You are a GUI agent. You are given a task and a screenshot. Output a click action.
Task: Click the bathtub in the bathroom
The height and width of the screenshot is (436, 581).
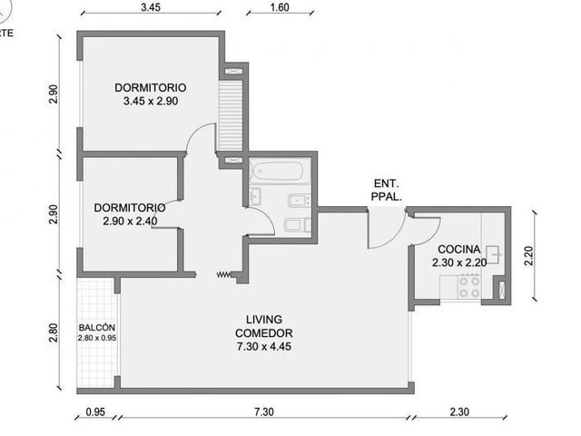click(x=276, y=171)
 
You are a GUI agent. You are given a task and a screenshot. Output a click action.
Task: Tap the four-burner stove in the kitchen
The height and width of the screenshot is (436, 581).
click(x=469, y=287)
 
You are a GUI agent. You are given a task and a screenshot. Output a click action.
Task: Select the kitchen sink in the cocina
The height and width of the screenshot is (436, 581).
click(x=493, y=254)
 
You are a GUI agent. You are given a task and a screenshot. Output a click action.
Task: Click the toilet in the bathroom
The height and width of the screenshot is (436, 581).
click(x=298, y=224)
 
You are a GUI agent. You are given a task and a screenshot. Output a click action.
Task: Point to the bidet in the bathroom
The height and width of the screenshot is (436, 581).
click(x=299, y=201)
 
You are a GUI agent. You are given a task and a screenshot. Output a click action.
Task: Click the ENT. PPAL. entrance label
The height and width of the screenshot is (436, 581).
click(x=387, y=190)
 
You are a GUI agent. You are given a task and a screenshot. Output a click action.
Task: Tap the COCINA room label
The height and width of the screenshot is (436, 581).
click(x=459, y=249)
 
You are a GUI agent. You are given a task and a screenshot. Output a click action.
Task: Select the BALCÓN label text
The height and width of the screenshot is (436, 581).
click(x=97, y=328)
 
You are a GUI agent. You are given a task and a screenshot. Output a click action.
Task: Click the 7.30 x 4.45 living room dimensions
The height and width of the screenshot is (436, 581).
click(x=264, y=347)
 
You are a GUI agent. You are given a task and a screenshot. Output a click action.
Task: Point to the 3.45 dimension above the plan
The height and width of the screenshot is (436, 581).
click(x=151, y=7)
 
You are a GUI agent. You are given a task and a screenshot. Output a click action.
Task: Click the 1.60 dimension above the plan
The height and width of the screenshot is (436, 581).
click(x=280, y=7)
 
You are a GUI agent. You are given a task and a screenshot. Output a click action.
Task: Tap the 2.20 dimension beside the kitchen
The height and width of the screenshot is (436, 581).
click(x=528, y=256)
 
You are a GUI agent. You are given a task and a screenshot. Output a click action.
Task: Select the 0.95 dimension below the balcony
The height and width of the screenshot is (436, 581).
click(x=95, y=411)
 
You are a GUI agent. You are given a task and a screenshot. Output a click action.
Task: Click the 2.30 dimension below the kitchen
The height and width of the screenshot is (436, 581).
click(x=459, y=411)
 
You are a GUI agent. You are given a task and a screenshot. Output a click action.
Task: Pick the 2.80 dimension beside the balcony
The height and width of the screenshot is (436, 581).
click(x=54, y=333)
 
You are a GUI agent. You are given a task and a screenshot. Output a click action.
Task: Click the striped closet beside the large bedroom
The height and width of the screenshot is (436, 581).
click(x=230, y=115)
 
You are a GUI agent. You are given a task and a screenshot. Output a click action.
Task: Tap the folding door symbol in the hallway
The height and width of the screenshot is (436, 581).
click(x=224, y=274)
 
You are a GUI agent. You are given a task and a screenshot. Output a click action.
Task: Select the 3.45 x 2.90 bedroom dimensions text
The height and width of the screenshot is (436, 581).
click(x=151, y=101)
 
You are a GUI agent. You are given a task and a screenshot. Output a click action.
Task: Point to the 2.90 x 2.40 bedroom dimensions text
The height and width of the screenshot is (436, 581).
click(x=130, y=222)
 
